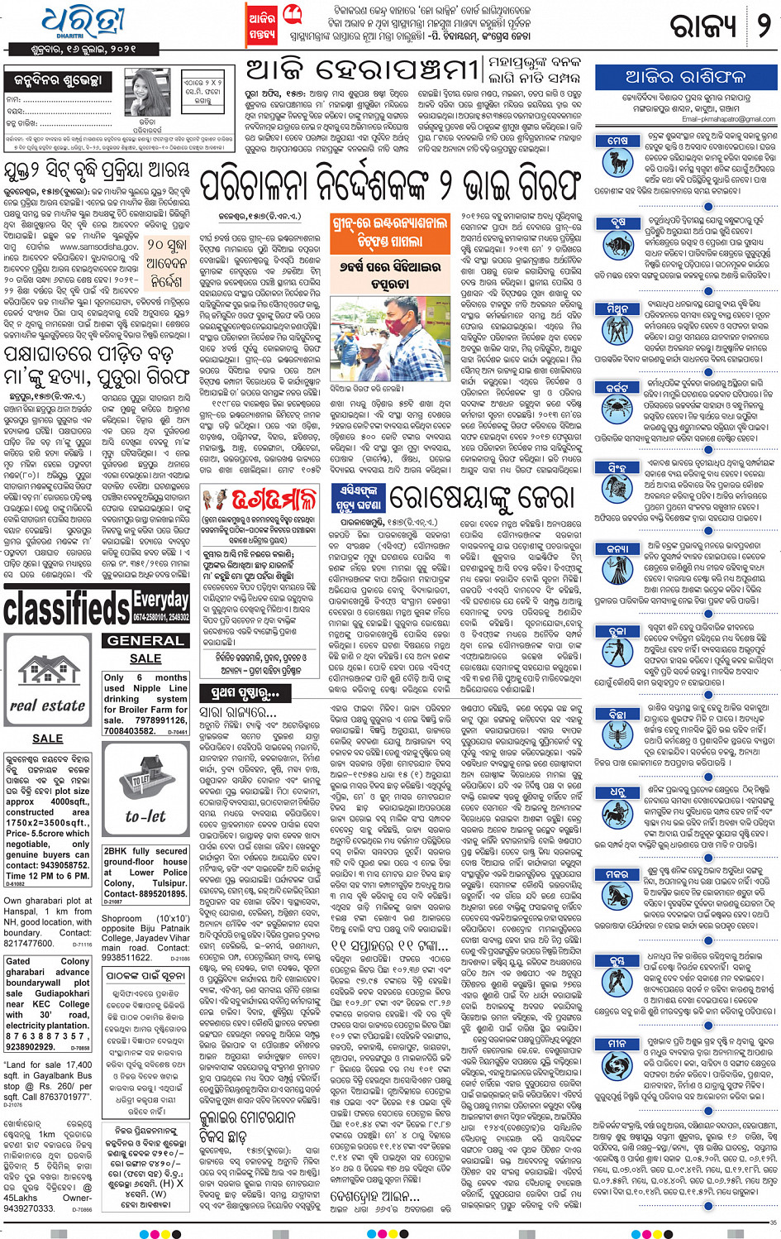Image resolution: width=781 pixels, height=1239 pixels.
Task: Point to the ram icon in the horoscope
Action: tap(617, 158)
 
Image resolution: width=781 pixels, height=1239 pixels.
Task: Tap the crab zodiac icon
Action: tap(617, 404)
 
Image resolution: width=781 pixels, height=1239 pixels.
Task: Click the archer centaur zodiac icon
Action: tap(617, 811)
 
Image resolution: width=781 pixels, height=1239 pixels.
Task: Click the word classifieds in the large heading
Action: tap(67, 610)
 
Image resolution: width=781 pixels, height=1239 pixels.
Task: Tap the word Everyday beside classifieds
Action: tap(161, 599)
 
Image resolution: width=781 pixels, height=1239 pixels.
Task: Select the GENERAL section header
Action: tap(145, 640)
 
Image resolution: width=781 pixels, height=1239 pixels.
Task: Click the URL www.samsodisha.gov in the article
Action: tap(98, 247)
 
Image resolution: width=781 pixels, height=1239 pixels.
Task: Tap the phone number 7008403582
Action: tap(129, 730)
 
